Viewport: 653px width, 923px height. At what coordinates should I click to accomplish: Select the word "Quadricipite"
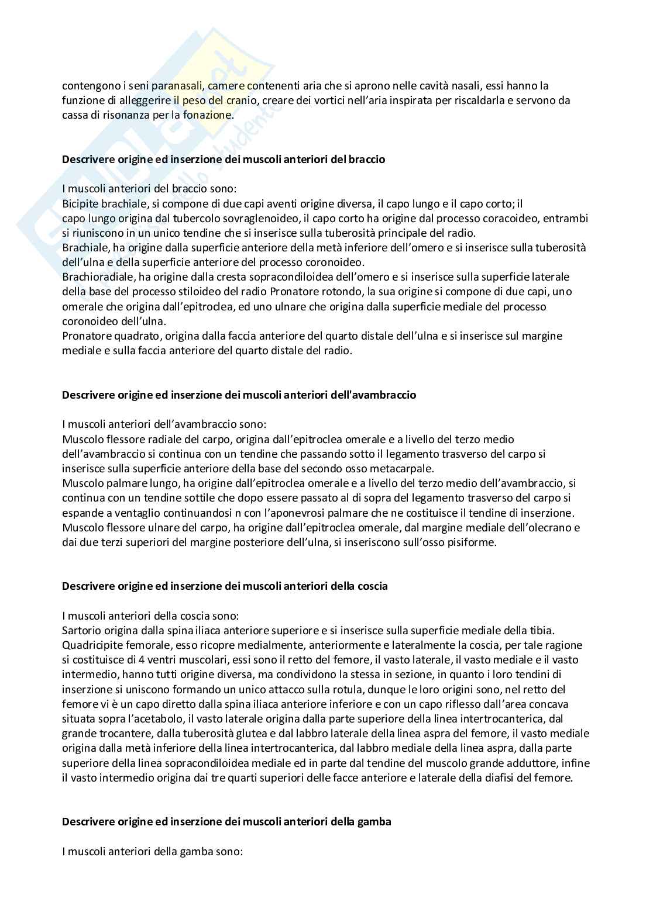(91, 645)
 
